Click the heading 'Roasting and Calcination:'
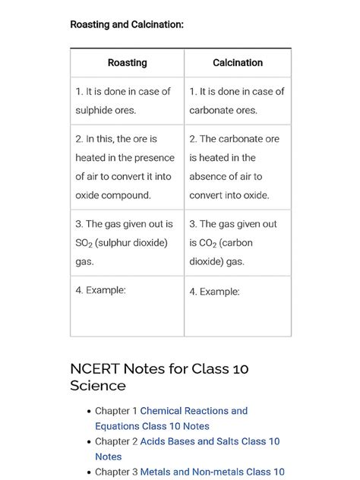pyautogui.click(x=127, y=25)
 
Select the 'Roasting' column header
pyautogui.click(x=127, y=63)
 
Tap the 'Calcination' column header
pyautogui.click(x=238, y=63)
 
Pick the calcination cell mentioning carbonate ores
pyautogui.click(x=237, y=100)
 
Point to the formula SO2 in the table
pyautogui.click(x=84, y=243)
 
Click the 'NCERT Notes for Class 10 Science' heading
pyautogui.click(x=159, y=377)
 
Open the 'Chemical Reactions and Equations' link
pyautogui.click(x=194, y=411)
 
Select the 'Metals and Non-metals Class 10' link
pyautogui.click(x=212, y=472)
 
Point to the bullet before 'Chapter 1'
pyautogui.click(x=89, y=412)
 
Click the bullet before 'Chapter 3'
pyautogui.click(x=89, y=472)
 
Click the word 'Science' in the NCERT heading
pyautogui.click(x=98, y=386)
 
